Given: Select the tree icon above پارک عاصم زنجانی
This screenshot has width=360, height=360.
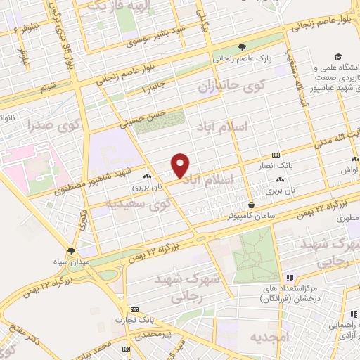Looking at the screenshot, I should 243,47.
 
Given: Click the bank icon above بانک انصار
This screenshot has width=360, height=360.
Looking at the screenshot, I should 275,155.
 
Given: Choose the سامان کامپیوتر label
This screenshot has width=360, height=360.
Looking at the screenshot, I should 250,217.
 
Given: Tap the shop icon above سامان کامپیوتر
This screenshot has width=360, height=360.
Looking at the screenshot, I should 250,205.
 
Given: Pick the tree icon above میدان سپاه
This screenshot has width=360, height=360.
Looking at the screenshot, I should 71,250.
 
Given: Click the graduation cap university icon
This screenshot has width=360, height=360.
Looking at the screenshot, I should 338,56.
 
